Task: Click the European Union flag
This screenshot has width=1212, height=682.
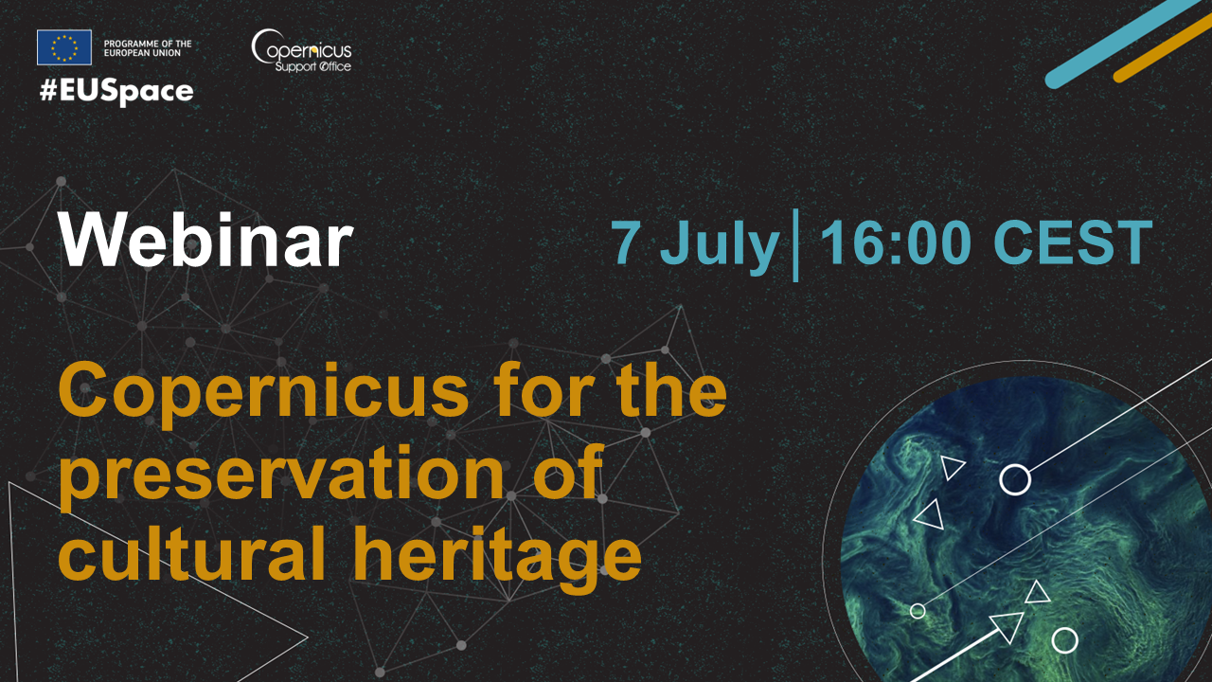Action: [x=63, y=47]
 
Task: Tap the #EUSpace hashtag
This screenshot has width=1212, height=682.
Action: [x=116, y=92]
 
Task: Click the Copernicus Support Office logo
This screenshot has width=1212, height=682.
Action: [x=301, y=50]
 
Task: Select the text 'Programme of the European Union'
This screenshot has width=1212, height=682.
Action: [x=148, y=48]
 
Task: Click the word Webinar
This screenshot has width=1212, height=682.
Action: [x=205, y=240]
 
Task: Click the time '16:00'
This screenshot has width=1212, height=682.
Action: [x=896, y=242]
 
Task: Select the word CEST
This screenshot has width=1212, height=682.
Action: [x=1073, y=242]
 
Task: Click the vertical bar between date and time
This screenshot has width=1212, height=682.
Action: [x=795, y=244]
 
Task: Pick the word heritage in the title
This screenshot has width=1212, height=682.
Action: [x=498, y=559]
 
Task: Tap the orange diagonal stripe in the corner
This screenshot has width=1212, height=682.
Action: [x=1162, y=48]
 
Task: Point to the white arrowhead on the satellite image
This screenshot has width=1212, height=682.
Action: [x=1008, y=627]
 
